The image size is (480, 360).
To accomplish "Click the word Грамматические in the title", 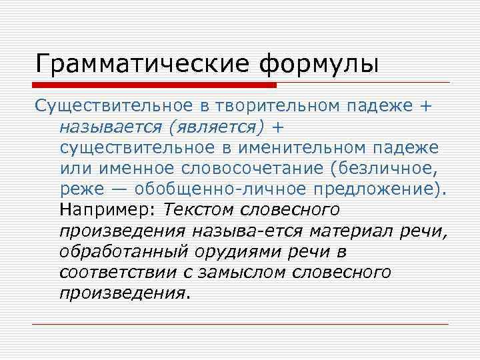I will click(143, 65).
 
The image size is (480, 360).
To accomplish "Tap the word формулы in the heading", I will click(319, 65).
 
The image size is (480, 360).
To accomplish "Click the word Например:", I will click(107, 210).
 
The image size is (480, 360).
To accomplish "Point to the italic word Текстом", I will click(199, 210).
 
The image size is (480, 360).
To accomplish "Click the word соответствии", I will click(115, 273).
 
